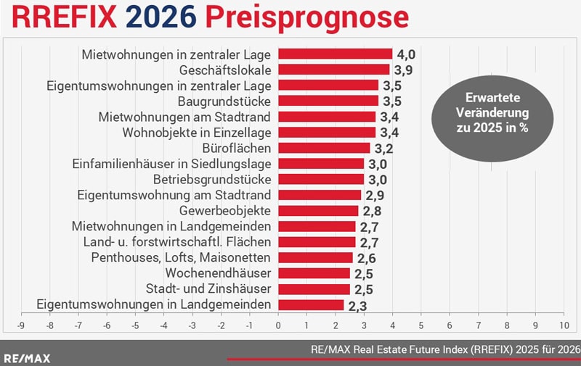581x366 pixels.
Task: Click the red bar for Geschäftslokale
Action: (334, 70)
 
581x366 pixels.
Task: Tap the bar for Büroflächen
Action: (324, 148)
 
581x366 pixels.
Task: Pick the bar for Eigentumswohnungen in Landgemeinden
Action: (311, 304)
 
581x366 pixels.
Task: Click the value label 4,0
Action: (405, 54)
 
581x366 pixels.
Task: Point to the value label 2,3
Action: (357, 305)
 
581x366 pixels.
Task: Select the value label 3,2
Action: (383, 149)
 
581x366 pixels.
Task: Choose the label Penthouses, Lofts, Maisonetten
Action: (181, 257)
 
